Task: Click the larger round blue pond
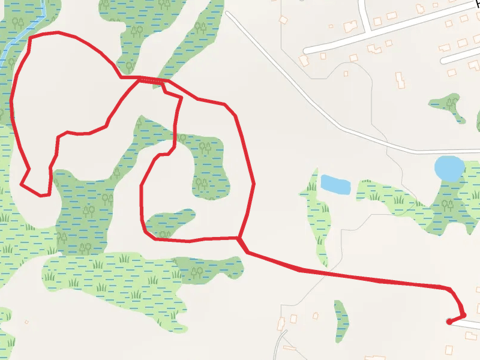[x=448, y=168]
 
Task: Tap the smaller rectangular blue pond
[x=335, y=184]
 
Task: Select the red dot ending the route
[x=449, y=322]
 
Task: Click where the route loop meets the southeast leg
[x=239, y=238]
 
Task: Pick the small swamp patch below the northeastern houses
[x=449, y=105]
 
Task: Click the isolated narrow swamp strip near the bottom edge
[x=341, y=321]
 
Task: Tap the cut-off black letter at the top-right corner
[x=477, y=3]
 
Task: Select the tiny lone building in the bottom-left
[x=27, y=322]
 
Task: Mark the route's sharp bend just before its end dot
[x=463, y=314]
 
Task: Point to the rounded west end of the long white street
[x=307, y=50]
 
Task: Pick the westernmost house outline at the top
[x=283, y=20]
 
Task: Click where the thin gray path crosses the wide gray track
[x=387, y=150]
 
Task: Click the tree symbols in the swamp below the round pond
[x=447, y=205]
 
